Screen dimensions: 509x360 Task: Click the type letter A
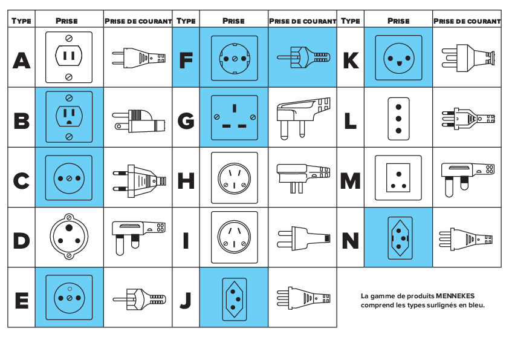click(x=21, y=61)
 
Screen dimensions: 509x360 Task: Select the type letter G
click(x=186, y=120)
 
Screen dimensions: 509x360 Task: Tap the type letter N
click(x=350, y=240)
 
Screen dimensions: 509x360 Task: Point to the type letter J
click(x=186, y=300)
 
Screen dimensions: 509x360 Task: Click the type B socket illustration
click(x=69, y=117)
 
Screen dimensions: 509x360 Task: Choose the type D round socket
click(x=69, y=236)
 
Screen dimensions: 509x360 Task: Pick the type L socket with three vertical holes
click(x=398, y=119)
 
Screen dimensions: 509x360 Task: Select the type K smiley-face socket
click(x=398, y=58)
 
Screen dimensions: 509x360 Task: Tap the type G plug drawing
click(x=303, y=118)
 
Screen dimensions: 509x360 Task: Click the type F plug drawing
click(x=303, y=57)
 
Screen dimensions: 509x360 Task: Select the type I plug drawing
click(x=304, y=239)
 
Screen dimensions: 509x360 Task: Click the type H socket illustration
click(x=235, y=178)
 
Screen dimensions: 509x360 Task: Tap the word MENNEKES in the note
click(x=455, y=296)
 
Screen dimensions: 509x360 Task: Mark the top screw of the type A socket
click(x=69, y=38)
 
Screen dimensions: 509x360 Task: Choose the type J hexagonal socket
click(x=234, y=299)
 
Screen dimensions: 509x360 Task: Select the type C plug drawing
click(x=139, y=181)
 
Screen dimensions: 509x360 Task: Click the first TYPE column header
click(x=21, y=21)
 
